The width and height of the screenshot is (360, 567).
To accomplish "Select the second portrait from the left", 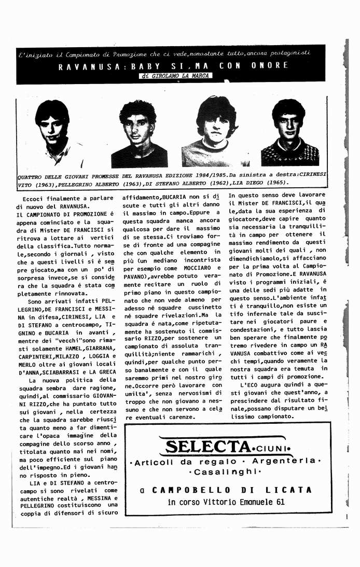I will coord(138,133).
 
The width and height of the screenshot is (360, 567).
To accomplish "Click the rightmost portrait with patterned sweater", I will coord(289,132).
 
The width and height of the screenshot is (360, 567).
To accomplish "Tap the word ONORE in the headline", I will coord(270,65).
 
